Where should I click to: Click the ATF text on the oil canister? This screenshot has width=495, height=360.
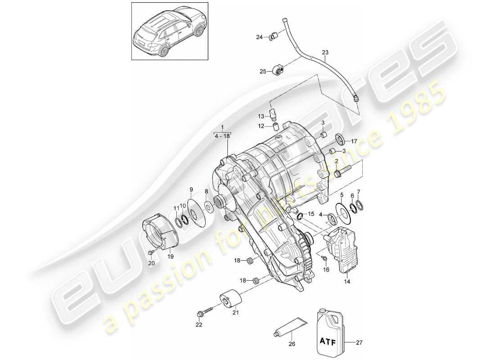329,341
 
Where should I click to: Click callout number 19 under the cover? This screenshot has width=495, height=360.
171,256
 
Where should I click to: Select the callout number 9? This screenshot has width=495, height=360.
191,189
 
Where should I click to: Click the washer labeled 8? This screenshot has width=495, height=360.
209,208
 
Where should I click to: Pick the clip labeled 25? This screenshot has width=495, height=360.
278,70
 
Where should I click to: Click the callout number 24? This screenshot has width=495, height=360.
260,37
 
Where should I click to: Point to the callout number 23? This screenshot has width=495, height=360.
325,52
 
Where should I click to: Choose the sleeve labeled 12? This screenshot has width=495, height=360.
274,126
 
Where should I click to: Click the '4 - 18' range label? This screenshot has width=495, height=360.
222,134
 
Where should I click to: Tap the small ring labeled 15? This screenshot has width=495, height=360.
300,219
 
